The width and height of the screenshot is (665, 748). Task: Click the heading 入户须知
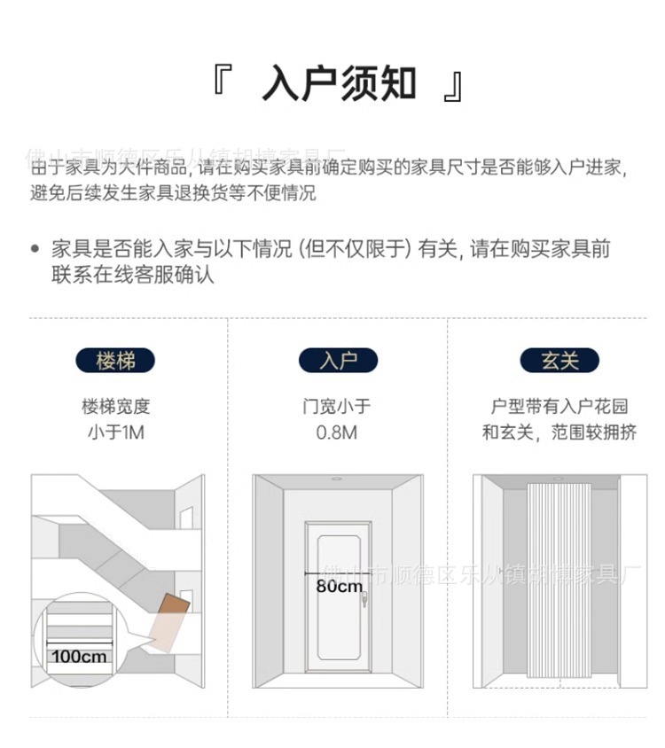(339, 83)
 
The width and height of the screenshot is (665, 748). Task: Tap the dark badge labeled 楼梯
(114, 361)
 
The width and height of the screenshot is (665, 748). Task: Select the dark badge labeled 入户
(337, 361)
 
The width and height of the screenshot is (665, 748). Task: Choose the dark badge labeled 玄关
(559, 361)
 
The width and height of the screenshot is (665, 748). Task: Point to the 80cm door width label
(339, 586)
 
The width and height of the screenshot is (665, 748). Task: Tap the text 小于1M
(114, 433)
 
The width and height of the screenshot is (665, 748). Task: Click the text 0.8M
(337, 433)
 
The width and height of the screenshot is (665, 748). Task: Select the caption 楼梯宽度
(115, 407)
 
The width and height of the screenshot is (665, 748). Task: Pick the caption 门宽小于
(337, 407)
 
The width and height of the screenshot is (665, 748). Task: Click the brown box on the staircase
(174, 607)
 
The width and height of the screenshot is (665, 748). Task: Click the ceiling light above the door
(338, 479)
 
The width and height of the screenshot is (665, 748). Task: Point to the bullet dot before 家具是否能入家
(35, 249)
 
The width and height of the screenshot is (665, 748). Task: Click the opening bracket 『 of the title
(222, 81)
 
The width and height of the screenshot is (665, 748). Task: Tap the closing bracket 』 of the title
(453, 85)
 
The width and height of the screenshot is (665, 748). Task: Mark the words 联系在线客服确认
(133, 275)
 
